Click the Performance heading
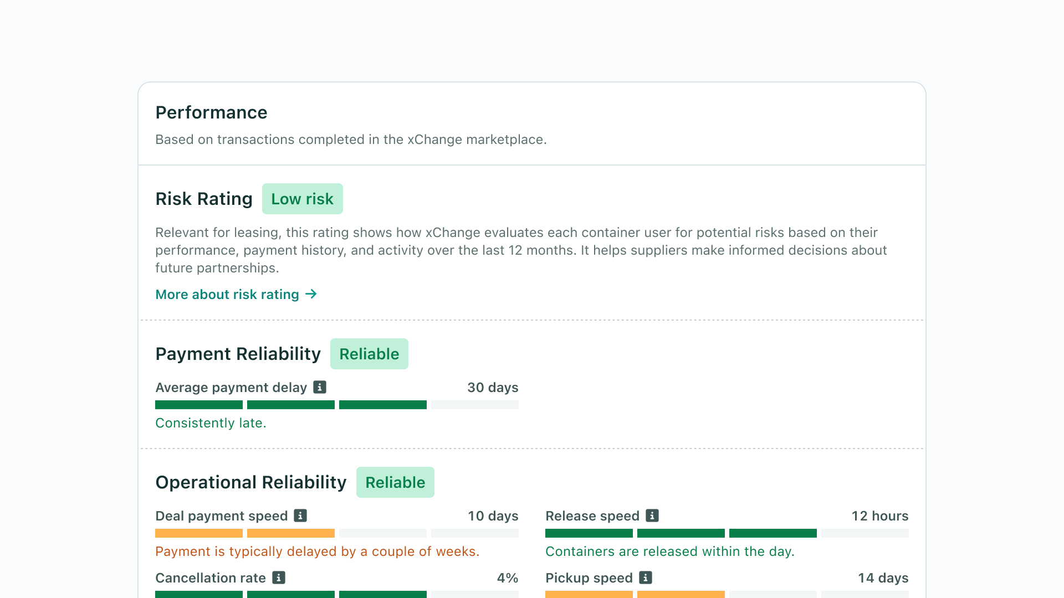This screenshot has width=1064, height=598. pyautogui.click(x=211, y=112)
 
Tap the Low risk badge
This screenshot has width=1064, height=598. pyautogui.click(x=302, y=199)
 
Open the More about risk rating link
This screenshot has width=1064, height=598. pyautogui.click(x=227, y=295)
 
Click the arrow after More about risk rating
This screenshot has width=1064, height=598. pyautogui.click(x=311, y=294)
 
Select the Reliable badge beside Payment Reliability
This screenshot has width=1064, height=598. pyautogui.click(x=369, y=354)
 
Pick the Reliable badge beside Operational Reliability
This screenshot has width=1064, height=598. pyautogui.click(x=395, y=482)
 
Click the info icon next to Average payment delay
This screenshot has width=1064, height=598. pyautogui.click(x=320, y=387)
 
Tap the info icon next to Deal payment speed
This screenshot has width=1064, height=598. pyautogui.click(x=300, y=515)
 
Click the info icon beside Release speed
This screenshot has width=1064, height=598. pyautogui.click(x=652, y=515)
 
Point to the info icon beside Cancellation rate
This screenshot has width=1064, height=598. pyautogui.click(x=279, y=578)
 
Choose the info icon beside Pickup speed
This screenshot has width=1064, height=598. pyautogui.click(x=646, y=578)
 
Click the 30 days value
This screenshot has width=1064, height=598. pyautogui.click(x=493, y=388)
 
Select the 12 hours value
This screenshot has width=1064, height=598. pyautogui.click(x=879, y=516)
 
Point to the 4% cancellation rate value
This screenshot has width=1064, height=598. pyautogui.click(x=507, y=578)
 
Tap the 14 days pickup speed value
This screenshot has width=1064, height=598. pyautogui.click(x=883, y=578)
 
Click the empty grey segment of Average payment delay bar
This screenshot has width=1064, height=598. pyautogui.click(x=475, y=405)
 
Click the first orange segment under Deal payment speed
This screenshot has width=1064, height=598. pyautogui.click(x=199, y=533)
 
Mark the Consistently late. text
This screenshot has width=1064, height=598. pyautogui.click(x=211, y=423)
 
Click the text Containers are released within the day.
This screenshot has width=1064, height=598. pyautogui.click(x=669, y=551)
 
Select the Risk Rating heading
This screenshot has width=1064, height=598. pyautogui.click(x=204, y=199)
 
